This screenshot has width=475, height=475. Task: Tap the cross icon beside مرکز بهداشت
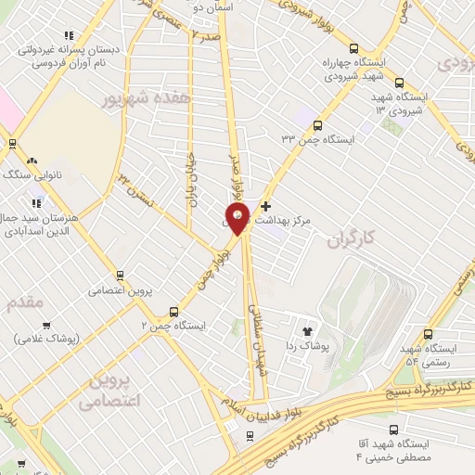point(266,205)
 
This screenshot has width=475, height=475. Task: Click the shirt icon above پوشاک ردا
point(307,329)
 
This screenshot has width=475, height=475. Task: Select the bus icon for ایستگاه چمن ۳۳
point(317,124)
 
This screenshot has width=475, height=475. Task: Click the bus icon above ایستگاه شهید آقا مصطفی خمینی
point(392,430)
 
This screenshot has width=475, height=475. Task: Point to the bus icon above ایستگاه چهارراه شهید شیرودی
point(353,49)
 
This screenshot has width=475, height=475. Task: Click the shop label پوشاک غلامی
point(49,340)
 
